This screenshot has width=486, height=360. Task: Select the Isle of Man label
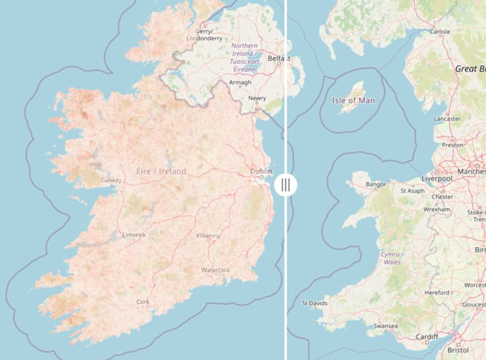pyautogui.click(x=353, y=100)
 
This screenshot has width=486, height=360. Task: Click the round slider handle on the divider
pyautogui.click(x=285, y=185)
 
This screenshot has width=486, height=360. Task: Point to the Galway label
pyautogui.click(x=111, y=180)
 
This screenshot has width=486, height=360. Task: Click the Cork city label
pyautogui.click(x=143, y=302)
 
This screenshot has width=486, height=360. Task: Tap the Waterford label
pyautogui.click(x=215, y=270)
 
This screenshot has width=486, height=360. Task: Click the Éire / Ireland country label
pyautogui.click(x=161, y=171)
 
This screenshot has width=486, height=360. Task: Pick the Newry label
pyautogui.click(x=257, y=99)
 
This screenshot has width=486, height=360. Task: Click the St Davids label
pyautogui.click(x=314, y=303)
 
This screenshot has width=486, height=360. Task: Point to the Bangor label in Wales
pyautogui.click(x=375, y=184)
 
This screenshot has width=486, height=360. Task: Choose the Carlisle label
pyautogui.click(x=440, y=31)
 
